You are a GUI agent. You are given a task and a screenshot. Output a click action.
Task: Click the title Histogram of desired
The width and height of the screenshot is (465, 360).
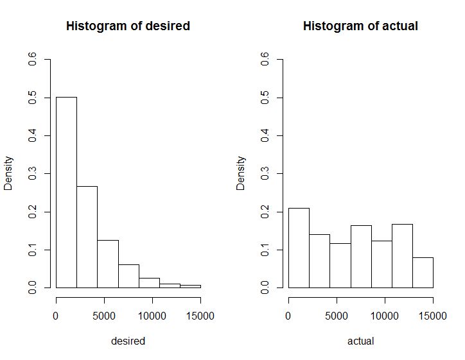128,26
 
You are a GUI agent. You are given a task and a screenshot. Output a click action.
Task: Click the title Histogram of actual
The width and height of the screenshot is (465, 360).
360,26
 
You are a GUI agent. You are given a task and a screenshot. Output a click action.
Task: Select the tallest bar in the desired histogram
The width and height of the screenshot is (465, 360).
66,193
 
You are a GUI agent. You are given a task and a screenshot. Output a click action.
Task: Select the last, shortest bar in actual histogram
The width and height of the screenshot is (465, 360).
423,273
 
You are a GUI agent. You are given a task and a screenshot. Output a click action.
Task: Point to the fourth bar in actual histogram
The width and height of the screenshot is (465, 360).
361,257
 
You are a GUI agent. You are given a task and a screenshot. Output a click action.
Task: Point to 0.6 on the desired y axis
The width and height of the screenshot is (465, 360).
32,60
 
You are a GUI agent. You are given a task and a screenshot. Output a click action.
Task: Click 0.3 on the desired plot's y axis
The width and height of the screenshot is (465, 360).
32,174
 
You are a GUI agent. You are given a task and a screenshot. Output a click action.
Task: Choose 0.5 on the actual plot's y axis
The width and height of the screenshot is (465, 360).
265,98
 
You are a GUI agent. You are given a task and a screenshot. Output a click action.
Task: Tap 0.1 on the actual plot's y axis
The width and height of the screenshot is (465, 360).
265,250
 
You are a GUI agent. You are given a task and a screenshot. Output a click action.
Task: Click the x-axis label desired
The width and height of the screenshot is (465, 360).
128,341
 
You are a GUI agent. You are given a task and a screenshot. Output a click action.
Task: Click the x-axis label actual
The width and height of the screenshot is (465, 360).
360,341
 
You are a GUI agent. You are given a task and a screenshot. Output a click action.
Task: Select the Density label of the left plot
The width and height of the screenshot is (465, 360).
9,173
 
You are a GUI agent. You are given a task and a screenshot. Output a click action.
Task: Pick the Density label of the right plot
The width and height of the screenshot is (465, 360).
241,173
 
